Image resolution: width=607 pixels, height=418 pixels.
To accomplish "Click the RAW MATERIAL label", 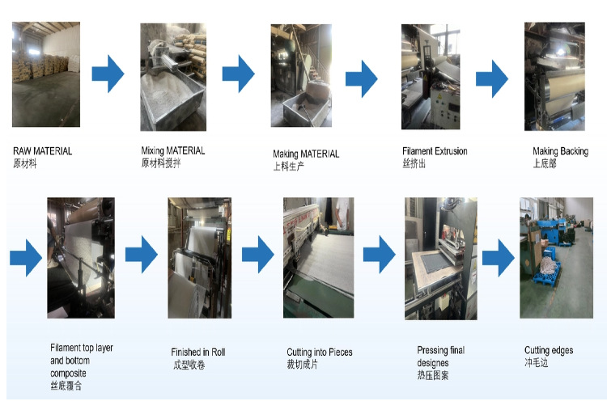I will [42, 151].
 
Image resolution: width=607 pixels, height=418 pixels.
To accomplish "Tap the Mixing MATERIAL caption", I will [173, 150].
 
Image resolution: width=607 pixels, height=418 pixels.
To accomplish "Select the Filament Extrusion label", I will [435, 151].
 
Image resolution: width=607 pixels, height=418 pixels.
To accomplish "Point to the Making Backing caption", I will [560, 151].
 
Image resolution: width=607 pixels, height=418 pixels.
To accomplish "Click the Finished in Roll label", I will [198, 353].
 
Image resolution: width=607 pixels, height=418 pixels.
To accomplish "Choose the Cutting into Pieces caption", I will [320, 353].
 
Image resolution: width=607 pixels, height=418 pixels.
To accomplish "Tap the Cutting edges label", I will [549, 350].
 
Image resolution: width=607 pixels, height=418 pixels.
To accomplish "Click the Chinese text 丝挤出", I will [414, 163].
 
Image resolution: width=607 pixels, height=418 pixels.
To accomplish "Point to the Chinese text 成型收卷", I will [187, 365].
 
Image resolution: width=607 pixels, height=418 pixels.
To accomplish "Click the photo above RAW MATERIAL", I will [46, 74].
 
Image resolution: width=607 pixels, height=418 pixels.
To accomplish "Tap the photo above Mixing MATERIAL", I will [173, 77].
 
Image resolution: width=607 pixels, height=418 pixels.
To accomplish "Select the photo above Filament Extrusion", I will [431, 78].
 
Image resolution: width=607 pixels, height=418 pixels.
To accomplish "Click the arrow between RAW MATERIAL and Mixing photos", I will [108, 76].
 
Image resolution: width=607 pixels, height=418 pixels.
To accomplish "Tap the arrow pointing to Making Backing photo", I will [491, 79].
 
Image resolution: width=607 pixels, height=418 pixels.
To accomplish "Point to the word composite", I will [68, 374].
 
